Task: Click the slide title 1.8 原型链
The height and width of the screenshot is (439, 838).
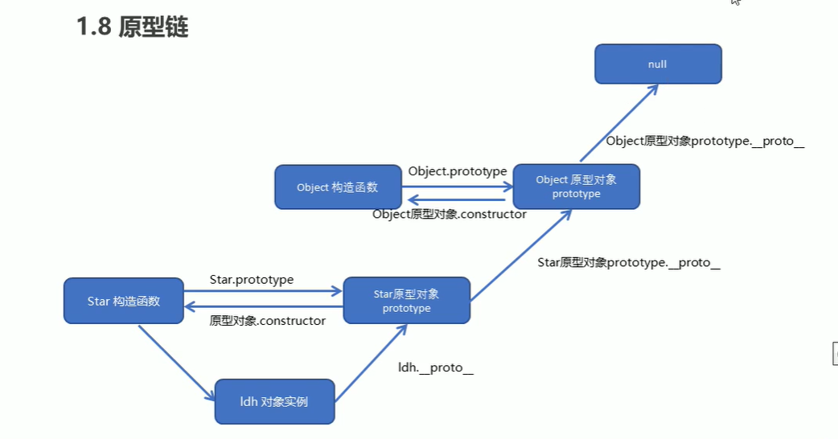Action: coord(133,27)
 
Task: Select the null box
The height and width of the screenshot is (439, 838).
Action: coord(658,64)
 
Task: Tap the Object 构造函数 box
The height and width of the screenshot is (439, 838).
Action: coord(337,187)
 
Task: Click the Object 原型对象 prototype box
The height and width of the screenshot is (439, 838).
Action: coord(576,187)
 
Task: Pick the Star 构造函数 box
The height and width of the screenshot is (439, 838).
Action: coord(124,302)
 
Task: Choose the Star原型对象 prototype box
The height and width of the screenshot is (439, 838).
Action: coord(406,301)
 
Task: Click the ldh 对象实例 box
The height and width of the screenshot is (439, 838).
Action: coord(274,401)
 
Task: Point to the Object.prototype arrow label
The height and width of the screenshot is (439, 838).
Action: coord(457,171)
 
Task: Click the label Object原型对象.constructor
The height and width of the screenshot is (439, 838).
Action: coord(450,214)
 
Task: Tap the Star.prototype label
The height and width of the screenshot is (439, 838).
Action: coord(252,280)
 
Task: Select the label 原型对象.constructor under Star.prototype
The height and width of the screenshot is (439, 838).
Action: coord(268,321)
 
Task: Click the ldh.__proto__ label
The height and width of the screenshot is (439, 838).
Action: coord(436,367)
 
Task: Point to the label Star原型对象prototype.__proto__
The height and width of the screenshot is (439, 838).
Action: coord(628,263)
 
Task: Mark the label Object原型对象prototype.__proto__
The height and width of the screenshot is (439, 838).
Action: coord(705,142)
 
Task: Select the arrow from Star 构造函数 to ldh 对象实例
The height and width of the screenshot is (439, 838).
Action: coord(177,362)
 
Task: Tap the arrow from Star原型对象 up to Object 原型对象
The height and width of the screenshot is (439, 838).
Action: coord(520,256)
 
